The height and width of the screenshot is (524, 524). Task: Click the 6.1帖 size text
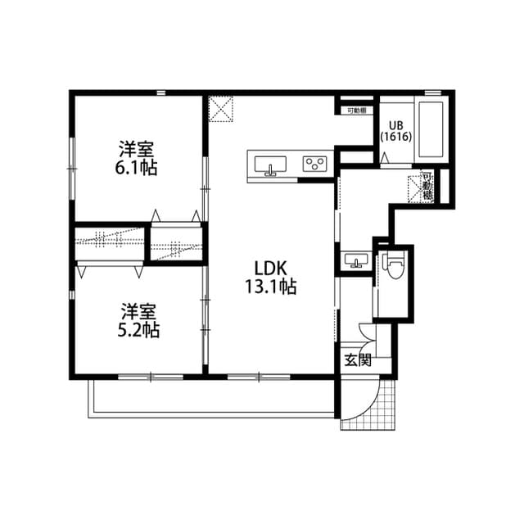pyautogui.click(x=137, y=168)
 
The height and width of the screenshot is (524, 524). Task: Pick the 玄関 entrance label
pyautogui.click(x=356, y=359)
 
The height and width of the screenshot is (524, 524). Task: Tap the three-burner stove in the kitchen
pyautogui.click(x=315, y=162)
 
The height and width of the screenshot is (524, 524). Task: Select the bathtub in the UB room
pyautogui.click(x=429, y=130)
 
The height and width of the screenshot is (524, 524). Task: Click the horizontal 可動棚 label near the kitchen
pyautogui.click(x=355, y=110)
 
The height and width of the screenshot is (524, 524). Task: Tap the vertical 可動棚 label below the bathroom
pyautogui.click(x=427, y=187)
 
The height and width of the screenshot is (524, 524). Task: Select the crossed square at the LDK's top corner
pyautogui.click(x=219, y=108)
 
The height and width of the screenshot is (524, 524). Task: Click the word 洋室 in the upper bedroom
pyautogui.click(x=137, y=150)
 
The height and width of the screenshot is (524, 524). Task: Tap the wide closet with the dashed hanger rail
pyautogui.click(x=110, y=243)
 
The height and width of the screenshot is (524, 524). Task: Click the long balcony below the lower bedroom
pyautogui.click(x=213, y=400)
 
